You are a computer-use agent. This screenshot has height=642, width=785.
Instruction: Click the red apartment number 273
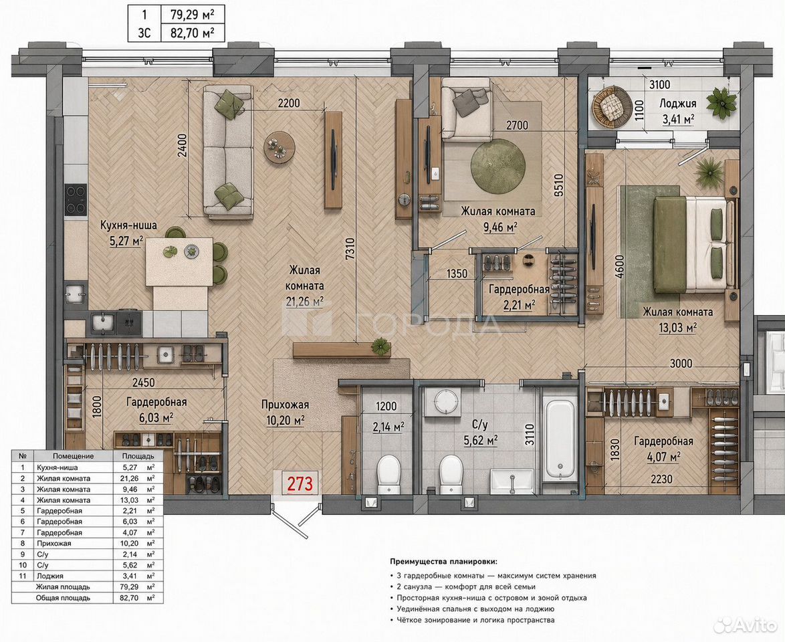point(300,484)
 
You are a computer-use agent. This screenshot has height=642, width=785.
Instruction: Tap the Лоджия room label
point(677,104)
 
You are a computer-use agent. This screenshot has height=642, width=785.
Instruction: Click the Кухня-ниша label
point(128,225)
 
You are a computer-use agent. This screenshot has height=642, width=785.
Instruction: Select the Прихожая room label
point(285,405)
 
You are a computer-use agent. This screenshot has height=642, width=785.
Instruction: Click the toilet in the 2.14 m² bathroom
point(389,473)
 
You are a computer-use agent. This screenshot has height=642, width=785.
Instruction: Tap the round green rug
point(499,167)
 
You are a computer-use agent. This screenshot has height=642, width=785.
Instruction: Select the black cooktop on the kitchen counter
point(76,199)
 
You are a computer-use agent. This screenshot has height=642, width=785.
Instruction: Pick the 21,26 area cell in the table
point(131,478)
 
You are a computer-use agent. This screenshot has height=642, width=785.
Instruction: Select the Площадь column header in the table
point(138,456)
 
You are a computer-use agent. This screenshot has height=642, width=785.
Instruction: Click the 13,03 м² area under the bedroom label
point(677,328)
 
